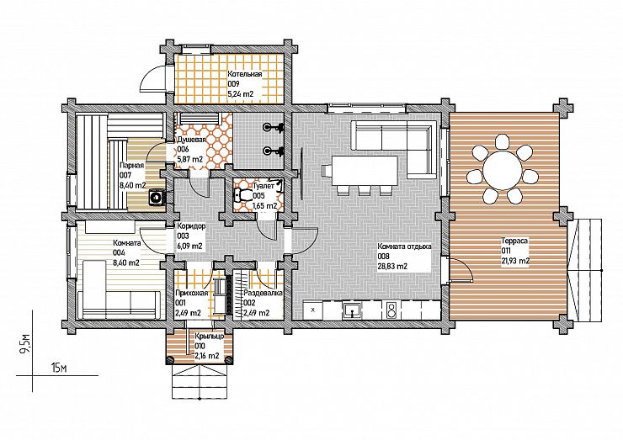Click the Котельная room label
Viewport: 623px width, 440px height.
click(x=245, y=74)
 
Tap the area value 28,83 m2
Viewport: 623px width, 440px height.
click(x=392, y=267)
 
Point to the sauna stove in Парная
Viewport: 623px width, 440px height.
click(x=157, y=197)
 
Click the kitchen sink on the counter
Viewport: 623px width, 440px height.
click(x=353, y=310)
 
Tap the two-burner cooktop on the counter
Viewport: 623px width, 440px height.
click(x=391, y=310)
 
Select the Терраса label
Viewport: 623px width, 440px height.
click(x=514, y=241)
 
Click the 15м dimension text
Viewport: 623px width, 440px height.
click(x=58, y=368)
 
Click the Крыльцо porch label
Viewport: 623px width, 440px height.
click(x=209, y=337)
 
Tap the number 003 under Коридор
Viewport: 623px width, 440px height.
click(x=184, y=236)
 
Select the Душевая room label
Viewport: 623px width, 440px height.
click(x=191, y=140)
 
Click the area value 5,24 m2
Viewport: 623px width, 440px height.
click(x=241, y=94)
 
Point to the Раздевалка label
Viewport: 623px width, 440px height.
click(x=263, y=293)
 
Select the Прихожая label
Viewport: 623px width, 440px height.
click(x=191, y=294)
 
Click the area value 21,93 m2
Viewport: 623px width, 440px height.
click(x=515, y=261)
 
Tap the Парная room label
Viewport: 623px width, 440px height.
click(x=131, y=165)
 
